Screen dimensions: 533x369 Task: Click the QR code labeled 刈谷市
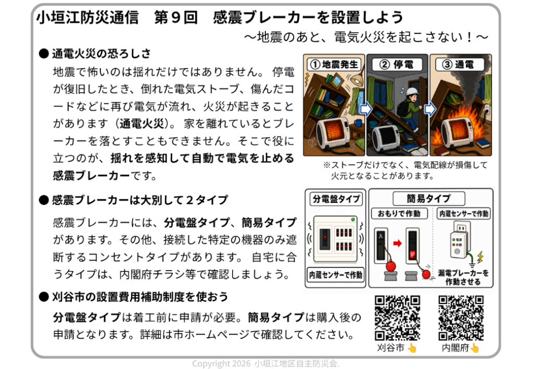[x=397, y=317]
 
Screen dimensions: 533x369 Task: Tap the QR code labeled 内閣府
[x=461, y=317]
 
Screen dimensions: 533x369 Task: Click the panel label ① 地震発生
[x=334, y=64]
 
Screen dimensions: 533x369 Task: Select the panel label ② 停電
[x=397, y=64]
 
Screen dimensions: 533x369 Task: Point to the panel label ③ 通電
[x=460, y=64]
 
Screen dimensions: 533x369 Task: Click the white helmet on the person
[x=412, y=92]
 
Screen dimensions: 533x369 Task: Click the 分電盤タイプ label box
[x=336, y=199]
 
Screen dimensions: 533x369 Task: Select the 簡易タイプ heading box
[x=429, y=198]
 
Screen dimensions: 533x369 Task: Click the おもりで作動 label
[x=399, y=213]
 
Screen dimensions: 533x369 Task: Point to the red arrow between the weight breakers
[x=397, y=243]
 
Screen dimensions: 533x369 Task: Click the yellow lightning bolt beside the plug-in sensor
[x=480, y=257]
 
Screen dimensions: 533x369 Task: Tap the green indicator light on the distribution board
[x=353, y=220]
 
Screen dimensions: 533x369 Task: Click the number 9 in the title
[x=175, y=17]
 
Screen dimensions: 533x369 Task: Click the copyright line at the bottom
[x=266, y=363]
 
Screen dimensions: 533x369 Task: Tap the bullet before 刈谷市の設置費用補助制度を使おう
[x=44, y=297]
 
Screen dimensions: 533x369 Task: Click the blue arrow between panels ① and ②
[x=366, y=109]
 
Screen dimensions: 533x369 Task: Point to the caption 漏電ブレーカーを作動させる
[x=463, y=277]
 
